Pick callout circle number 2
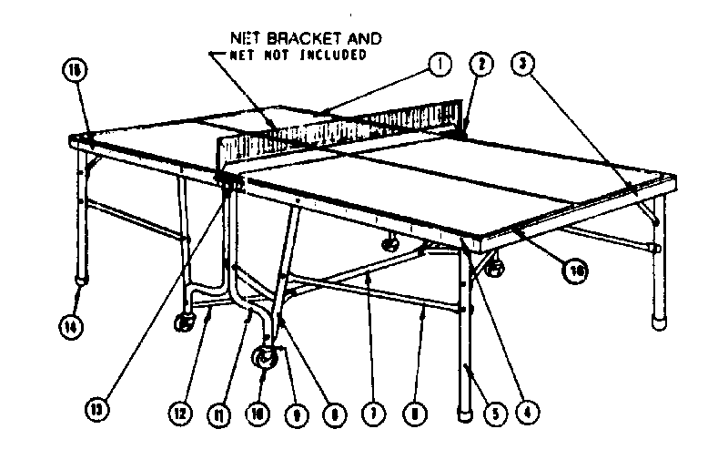(480, 63)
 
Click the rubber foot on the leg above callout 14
(81, 273)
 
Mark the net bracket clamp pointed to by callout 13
(227, 179)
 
